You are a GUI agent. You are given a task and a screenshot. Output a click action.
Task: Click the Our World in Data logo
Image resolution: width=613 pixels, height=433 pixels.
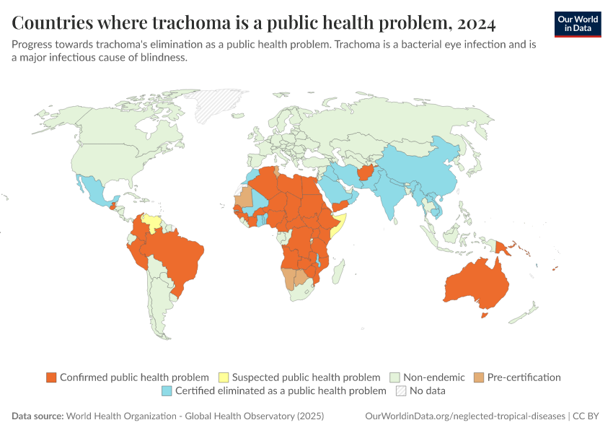[577, 24]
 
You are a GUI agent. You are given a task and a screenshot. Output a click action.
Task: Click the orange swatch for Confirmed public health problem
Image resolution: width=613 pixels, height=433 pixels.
[51, 377]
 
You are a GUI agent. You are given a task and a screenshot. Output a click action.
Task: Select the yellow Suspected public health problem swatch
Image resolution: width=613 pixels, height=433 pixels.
[224, 377]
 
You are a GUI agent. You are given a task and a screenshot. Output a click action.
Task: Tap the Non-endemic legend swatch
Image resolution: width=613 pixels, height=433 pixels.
[394, 377]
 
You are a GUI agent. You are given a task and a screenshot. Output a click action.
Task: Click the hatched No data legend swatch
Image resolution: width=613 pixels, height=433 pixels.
[400, 391]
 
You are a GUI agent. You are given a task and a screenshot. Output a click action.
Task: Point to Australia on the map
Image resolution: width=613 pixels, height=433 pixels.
[476, 285]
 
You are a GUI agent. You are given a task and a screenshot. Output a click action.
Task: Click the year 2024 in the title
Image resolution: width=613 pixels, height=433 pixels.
[475, 23]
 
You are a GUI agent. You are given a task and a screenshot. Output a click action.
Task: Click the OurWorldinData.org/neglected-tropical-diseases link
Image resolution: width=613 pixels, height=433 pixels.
[465, 416]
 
